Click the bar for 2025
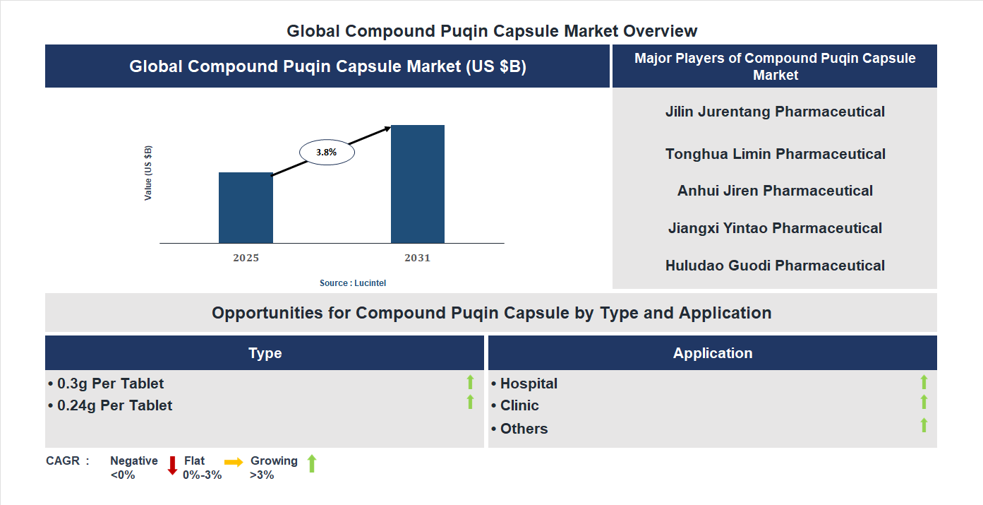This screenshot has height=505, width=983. point(246,208)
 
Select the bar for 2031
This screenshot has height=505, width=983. point(418,184)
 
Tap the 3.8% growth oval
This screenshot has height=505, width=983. point(327,152)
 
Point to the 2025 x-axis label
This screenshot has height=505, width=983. point(246,258)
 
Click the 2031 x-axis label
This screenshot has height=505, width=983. point(417,258)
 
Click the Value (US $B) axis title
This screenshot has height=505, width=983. point(148,173)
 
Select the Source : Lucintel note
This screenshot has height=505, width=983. point(353,283)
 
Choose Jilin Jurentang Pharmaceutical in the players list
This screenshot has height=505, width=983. point(775,112)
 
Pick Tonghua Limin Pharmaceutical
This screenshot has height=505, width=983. point(775,154)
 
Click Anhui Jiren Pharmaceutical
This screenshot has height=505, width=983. point(775,191)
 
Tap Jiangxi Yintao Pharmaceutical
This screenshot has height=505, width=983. point(775,228)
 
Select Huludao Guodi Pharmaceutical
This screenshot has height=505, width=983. point(775,266)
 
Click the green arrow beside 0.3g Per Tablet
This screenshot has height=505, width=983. point(470,382)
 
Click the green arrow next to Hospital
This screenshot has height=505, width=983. point(924,382)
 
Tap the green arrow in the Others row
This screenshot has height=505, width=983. point(924,425)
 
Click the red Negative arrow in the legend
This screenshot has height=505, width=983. point(172,465)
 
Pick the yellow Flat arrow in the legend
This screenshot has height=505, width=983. point(234,462)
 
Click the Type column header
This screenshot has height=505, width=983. point(265,353)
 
